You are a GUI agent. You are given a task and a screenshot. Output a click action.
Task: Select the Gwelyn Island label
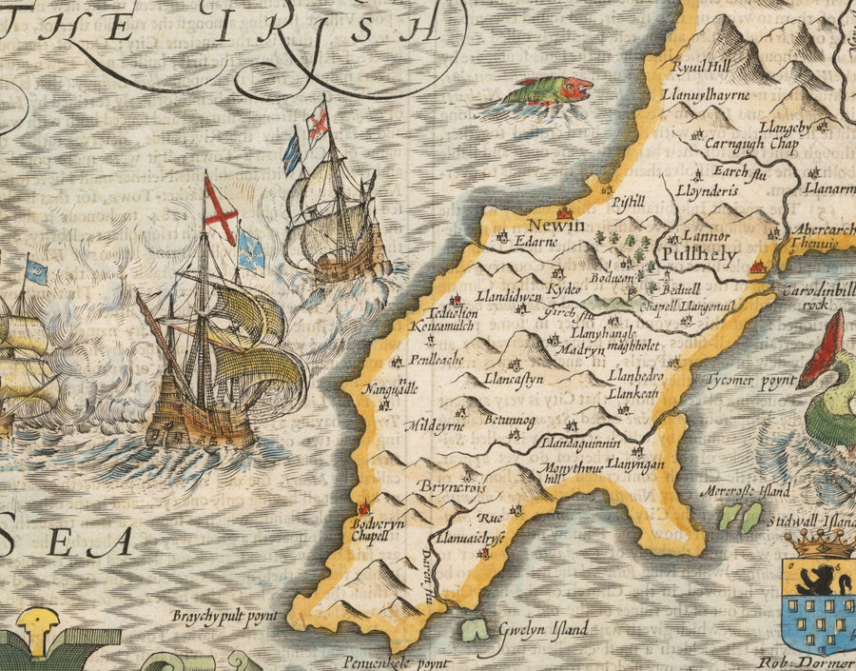543,629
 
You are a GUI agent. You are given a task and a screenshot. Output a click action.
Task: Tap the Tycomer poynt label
750,380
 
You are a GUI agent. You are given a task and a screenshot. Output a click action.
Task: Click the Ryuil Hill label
700,68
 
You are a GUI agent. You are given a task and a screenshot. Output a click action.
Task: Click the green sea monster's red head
576,89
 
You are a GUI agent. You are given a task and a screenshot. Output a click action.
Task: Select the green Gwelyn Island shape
470,629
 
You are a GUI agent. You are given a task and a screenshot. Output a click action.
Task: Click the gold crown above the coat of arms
820,544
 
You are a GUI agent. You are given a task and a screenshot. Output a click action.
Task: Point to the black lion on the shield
817,579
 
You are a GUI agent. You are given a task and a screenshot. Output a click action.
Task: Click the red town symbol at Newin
564,212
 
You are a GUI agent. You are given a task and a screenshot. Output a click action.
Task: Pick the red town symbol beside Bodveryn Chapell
362,510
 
